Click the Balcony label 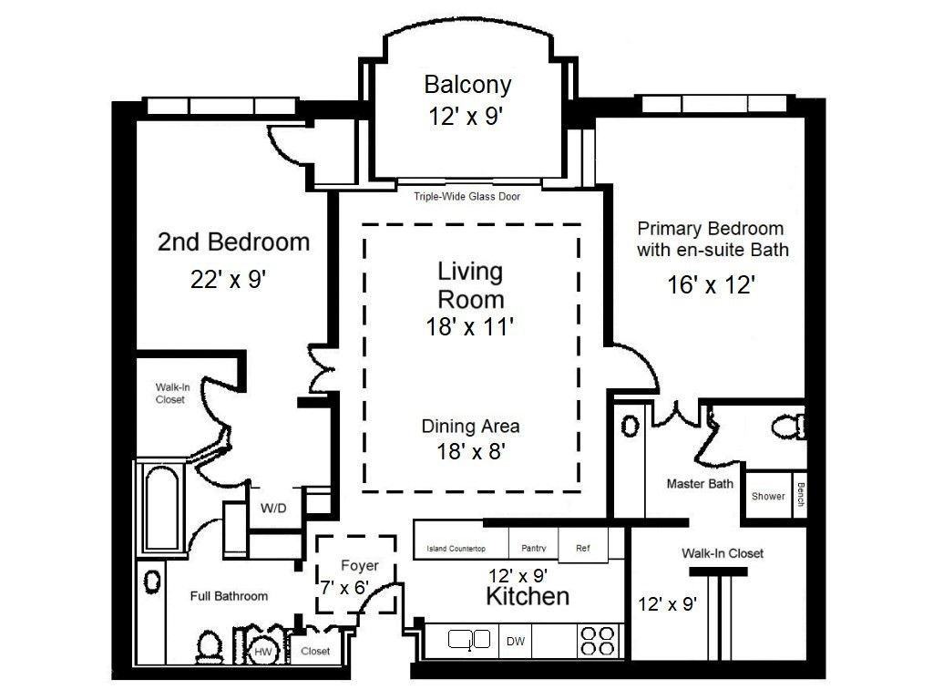(x=467, y=85)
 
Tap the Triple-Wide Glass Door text (x=467, y=197)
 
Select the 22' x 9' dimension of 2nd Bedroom (x=228, y=279)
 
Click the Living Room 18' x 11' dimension (x=469, y=327)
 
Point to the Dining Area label (x=470, y=427)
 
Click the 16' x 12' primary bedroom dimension (x=711, y=285)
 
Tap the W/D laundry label (x=273, y=509)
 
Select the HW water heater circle (x=263, y=651)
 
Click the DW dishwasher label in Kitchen (x=516, y=642)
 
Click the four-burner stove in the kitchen (x=598, y=641)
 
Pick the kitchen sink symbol (x=469, y=640)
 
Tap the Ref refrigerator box (x=583, y=545)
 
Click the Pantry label (x=533, y=548)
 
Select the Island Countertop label (x=456, y=549)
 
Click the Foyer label (x=359, y=565)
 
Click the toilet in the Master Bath (x=788, y=427)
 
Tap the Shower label (x=767, y=497)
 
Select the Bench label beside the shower (x=800, y=494)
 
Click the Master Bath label (x=700, y=484)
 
